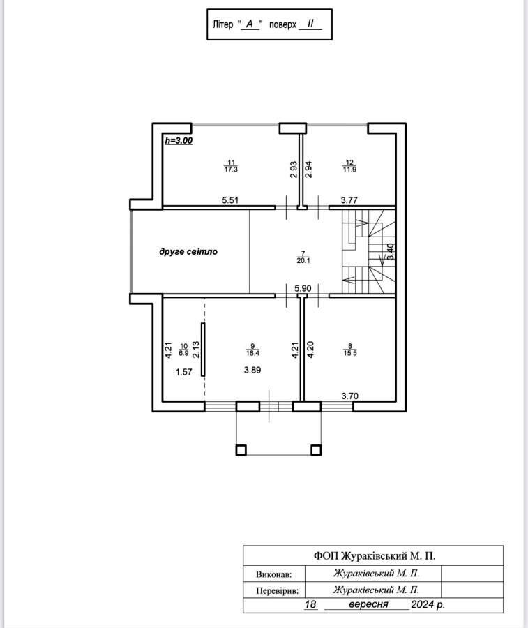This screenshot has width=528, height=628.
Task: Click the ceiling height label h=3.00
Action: (x=179, y=140)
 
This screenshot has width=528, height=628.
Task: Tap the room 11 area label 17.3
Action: (x=231, y=170)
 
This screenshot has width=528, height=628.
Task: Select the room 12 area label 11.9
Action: (x=349, y=170)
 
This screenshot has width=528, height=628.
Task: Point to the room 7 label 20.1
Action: (x=303, y=260)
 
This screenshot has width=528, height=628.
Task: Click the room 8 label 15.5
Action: (x=350, y=353)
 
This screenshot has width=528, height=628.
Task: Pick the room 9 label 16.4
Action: (x=252, y=353)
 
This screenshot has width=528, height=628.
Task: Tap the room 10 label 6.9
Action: (x=183, y=353)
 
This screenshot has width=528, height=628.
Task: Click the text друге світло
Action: (x=188, y=251)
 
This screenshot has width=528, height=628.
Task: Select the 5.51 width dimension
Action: (x=230, y=200)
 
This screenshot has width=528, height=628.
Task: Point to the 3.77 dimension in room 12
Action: (x=349, y=200)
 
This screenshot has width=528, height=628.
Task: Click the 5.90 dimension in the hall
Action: (x=303, y=288)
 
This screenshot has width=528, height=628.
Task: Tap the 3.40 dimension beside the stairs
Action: (x=391, y=251)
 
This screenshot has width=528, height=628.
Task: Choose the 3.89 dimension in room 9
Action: (x=252, y=370)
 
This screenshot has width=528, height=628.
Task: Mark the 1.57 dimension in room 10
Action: (x=183, y=372)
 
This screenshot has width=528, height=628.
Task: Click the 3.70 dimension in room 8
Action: (x=349, y=396)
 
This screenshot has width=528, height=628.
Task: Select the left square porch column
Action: (x=241, y=450)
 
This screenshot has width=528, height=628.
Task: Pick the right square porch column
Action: (x=316, y=450)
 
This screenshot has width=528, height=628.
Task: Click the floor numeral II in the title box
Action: (x=310, y=23)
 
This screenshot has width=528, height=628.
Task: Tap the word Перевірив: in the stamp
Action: (x=280, y=591)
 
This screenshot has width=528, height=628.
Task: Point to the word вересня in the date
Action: (x=369, y=604)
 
